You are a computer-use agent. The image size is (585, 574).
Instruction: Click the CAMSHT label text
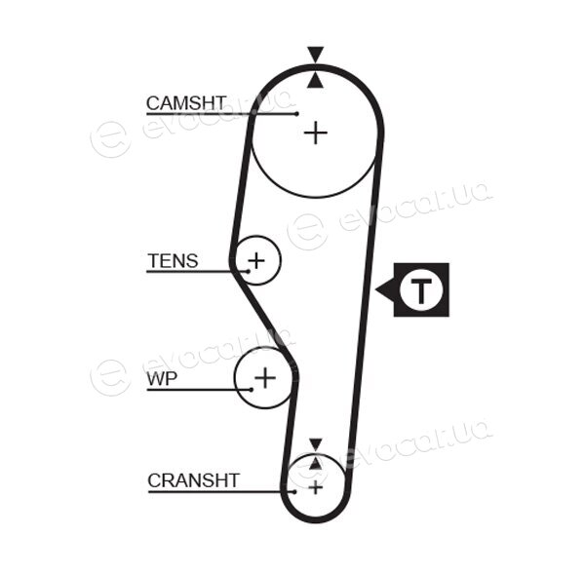[x=186, y=103]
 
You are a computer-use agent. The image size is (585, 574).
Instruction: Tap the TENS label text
[x=173, y=261]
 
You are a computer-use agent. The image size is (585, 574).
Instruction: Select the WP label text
[x=162, y=379]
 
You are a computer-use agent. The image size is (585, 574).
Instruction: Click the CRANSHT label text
[x=193, y=480]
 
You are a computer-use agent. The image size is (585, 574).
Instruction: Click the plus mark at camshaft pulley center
[x=316, y=133]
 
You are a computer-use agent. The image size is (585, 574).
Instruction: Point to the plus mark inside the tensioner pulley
[x=256, y=260]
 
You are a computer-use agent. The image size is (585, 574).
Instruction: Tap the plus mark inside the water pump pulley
[x=265, y=377]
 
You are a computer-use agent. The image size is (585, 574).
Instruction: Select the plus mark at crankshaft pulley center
[x=316, y=487]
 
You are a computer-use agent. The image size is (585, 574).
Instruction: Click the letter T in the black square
[x=421, y=289]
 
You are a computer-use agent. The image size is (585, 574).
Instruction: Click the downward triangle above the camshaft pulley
[x=315, y=54]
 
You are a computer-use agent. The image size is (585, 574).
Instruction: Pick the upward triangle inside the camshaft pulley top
[x=315, y=81]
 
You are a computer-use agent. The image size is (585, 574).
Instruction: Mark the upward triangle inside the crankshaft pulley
[x=316, y=463]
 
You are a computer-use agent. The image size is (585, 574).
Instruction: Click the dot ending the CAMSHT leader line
[x=296, y=114]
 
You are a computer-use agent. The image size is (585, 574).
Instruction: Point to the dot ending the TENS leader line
[x=248, y=271]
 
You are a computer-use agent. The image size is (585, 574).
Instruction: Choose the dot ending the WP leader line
[x=252, y=390]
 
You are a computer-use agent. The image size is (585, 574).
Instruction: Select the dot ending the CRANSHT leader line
[x=294, y=491]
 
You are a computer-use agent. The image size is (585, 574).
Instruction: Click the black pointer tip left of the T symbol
[x=375, y=289]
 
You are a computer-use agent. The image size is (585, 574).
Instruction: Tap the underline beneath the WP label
[x=199, y=390]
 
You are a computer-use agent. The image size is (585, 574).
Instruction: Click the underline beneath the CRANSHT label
[x=221, y=491]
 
